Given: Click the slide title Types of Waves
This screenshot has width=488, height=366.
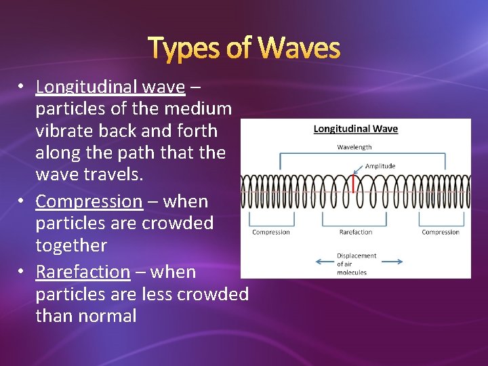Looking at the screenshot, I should coord(244,48).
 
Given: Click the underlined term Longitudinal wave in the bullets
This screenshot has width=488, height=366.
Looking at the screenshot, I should coord(110,87).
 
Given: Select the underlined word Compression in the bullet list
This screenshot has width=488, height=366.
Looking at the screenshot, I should coord(89,201).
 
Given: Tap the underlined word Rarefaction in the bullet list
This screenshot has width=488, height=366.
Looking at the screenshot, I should coord(83,272).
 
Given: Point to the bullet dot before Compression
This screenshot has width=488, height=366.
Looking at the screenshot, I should coord(22,201).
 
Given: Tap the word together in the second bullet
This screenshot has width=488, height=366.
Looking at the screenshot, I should coord(71,245).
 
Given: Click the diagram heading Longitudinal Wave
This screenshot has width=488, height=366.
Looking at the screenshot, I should coord(355,129).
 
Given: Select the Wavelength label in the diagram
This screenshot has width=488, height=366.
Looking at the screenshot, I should coord(354,147).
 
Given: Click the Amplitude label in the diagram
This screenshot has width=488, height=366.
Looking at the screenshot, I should coord(380,166).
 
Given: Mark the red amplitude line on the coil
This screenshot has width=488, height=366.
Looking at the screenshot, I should coord(354,184).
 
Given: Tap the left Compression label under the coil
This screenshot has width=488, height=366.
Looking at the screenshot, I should coord(270,232).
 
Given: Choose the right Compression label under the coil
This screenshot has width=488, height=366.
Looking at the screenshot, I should coord(441,232).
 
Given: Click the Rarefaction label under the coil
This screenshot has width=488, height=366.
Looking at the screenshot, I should coord(355,232).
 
